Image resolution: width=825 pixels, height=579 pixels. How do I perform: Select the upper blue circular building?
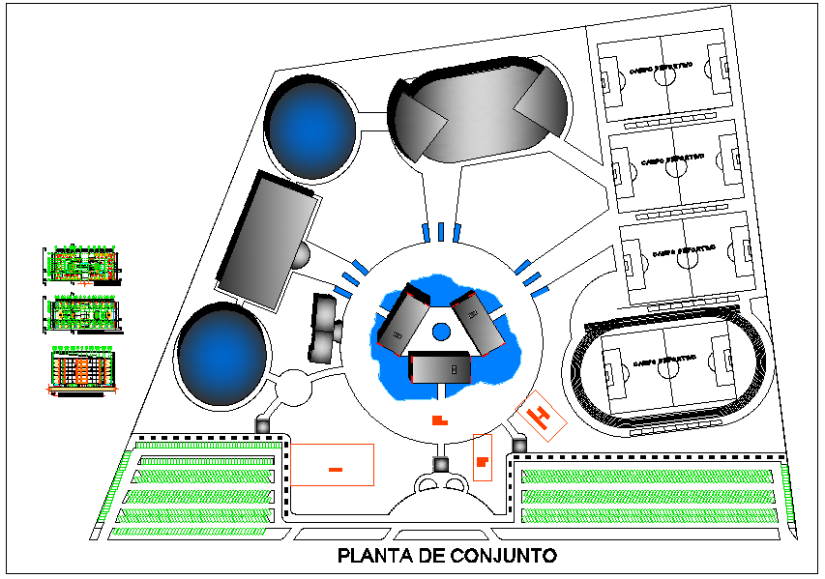click(309, 129)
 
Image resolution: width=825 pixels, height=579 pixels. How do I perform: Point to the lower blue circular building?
click(221, 352)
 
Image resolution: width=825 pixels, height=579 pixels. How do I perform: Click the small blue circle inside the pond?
click(440, 332)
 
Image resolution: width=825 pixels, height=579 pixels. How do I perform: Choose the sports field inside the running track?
click(666, 364)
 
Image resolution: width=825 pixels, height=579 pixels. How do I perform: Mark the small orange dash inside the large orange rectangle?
click(335, 469)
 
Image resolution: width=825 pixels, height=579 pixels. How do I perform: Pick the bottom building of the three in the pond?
click(440, 368)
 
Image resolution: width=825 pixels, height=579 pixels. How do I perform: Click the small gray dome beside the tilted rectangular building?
click(303, 256)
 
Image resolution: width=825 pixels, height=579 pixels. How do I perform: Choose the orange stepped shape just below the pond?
click(439, 420)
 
